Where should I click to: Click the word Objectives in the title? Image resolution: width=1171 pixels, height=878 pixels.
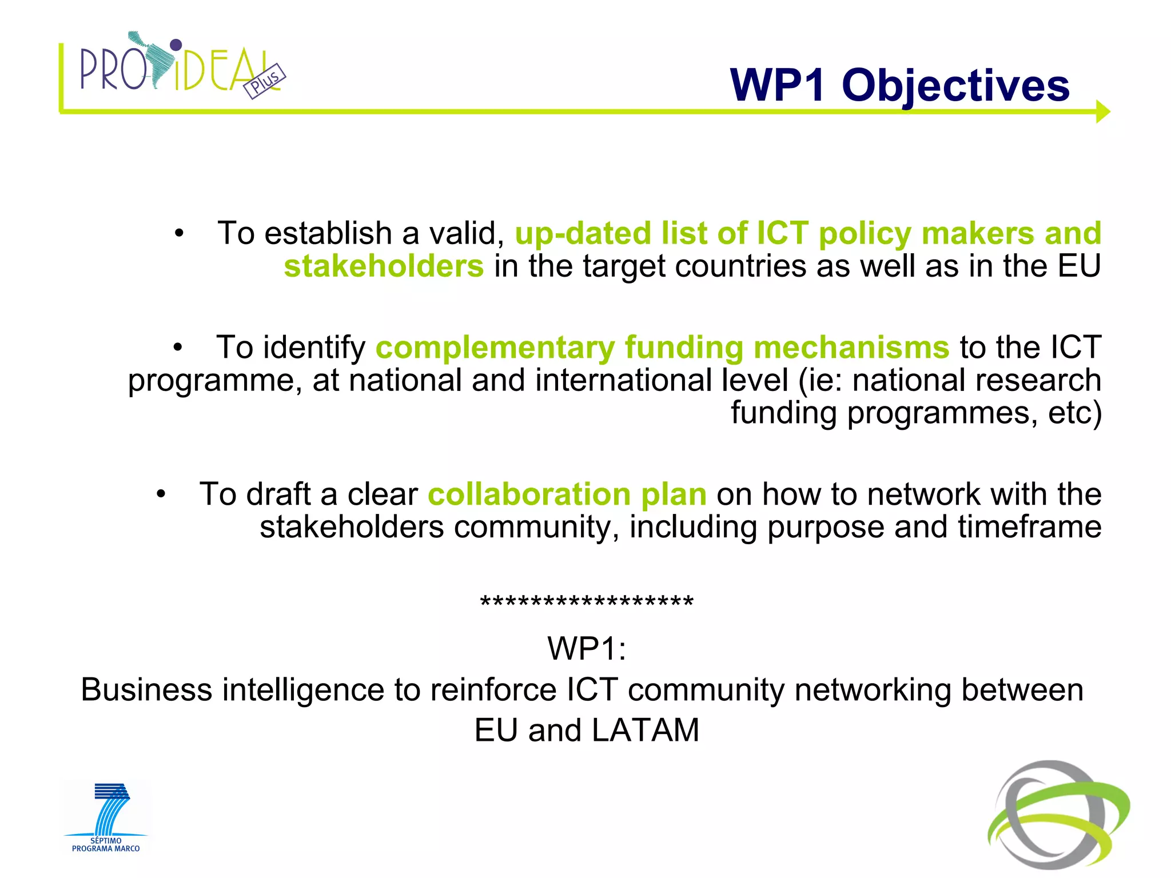(955, 86)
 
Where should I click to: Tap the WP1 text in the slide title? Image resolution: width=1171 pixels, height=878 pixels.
(778, 86)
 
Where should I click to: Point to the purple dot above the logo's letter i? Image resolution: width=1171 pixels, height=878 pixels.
(176, 45)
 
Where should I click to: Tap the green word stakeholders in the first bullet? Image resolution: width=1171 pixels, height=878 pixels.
(384, 266)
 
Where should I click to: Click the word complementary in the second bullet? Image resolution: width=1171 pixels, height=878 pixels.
(495, 348)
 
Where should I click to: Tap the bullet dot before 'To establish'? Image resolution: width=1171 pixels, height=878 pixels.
(180, 234)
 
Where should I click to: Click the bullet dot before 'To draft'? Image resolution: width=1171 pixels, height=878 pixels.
(161, 494)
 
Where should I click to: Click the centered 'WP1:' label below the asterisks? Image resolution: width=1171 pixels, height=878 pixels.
(587, 648)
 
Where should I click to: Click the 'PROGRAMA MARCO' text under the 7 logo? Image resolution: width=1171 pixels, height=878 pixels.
(106, 849)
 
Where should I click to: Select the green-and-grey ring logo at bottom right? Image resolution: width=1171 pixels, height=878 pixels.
(1058, 815)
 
